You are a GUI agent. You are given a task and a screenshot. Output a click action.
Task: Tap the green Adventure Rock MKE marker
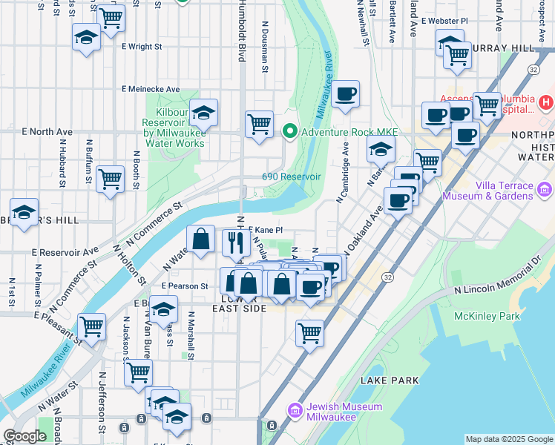point(289,133)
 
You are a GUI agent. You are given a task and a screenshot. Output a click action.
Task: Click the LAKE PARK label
point(390,380)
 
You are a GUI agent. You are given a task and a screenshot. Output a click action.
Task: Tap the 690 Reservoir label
point(291,177)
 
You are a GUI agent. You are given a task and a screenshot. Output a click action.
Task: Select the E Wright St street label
point(142,46)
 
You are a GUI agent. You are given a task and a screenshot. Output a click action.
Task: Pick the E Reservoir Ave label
point(65,251)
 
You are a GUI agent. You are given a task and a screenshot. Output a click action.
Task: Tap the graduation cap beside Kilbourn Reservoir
point(203,113)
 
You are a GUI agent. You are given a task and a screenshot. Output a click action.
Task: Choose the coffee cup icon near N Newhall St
point(345,93)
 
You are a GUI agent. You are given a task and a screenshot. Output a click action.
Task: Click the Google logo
point(24,436)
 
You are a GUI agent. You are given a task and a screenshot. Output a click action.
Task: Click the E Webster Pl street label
point(444,21)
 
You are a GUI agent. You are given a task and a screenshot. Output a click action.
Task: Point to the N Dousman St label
point(265,46)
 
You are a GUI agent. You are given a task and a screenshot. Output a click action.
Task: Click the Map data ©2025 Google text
point(508,439)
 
